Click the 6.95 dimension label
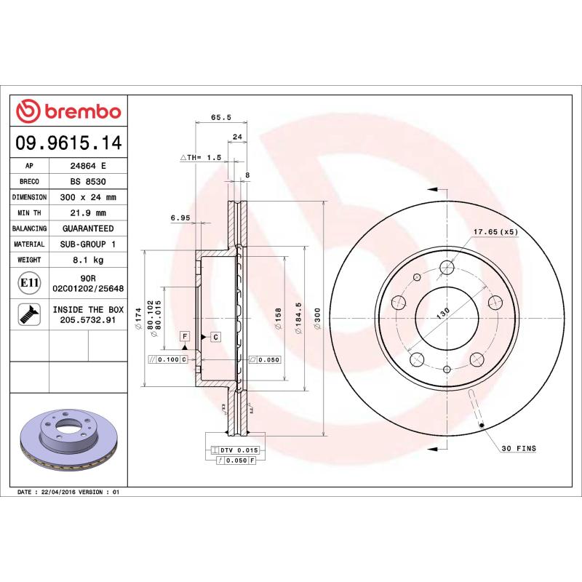point(180,218)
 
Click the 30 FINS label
point(518,449)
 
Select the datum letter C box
point(216,336)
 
